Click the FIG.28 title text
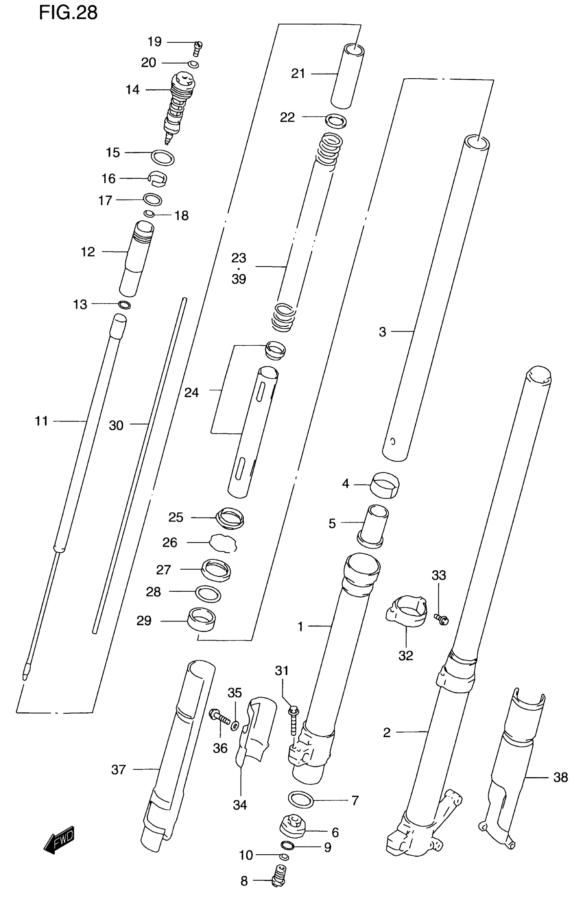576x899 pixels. point(68,13)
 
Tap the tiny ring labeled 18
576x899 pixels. point(149,213)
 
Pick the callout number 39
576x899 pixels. point(239,279)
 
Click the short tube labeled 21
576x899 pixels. point(348,76)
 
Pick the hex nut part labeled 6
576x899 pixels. point(294,832)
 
